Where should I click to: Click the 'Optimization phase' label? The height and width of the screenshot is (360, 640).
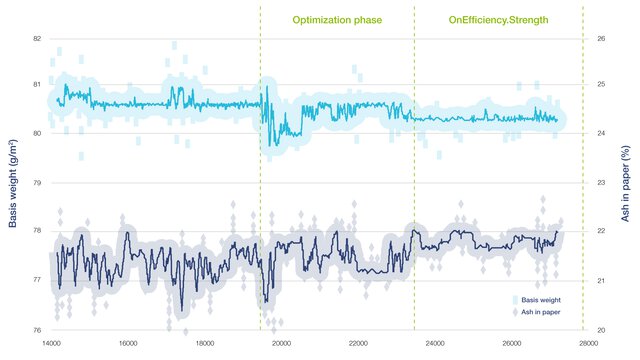click(x=337, y=19)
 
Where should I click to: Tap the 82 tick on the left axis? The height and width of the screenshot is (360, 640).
click(x=37, y=38)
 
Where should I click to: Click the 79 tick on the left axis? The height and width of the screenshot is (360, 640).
click(x=37, y=184)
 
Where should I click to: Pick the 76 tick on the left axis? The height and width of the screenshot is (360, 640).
click(x=37, y=330)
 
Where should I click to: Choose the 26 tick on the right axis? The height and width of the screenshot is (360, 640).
click(x=602, y=38)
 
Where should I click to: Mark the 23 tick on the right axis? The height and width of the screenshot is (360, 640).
click(x=602, y=184)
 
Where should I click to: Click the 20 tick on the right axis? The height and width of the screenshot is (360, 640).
click(x=602, y=330)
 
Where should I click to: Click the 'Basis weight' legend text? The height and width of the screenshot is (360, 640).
click(x=540, y=300)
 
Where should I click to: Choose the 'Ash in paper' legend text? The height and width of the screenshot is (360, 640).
click(x=540, y=312)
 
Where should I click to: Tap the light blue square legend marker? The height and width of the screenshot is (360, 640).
click(x=515, y=300)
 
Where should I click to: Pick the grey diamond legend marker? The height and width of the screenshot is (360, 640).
click(x=515, y=312)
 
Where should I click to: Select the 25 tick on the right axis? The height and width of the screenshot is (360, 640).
click(x=602, y=86)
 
